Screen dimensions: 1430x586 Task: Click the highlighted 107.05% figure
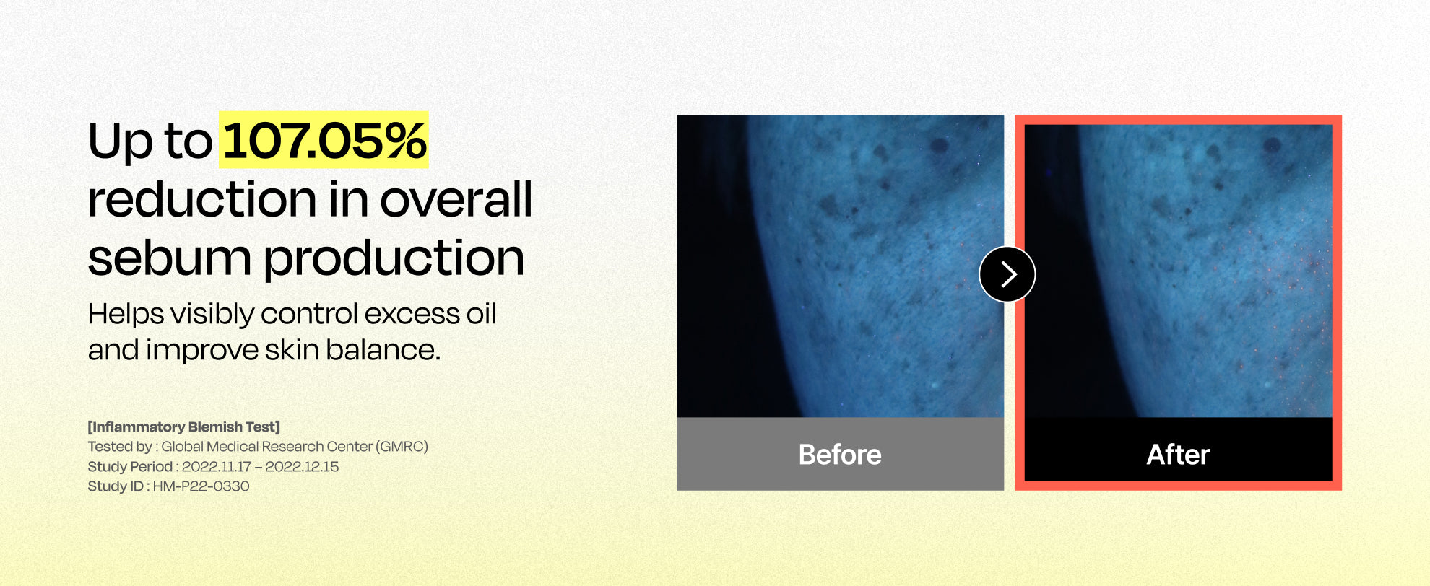click(324, 140)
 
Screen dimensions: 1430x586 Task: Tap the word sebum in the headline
click(169, 258)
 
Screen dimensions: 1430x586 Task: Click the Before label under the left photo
click(840, 455)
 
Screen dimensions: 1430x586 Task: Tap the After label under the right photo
click(1178, 455)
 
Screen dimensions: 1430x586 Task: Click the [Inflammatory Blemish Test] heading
click(184, 427)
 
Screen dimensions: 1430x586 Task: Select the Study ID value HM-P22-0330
click(201, 486)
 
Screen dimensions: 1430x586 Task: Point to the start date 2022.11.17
click(216, 467)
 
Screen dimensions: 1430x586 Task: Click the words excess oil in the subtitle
click(430, 314)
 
